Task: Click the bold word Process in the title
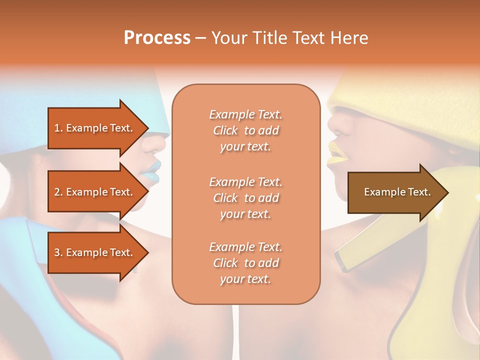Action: coord(157,38)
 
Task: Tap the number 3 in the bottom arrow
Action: coord(57,252)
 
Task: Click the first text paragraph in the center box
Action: coord(245,130)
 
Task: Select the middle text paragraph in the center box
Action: coord(245,198)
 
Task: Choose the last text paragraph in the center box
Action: coord(245,263)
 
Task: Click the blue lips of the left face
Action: coord(151,170)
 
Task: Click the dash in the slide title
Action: coord(201,38)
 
